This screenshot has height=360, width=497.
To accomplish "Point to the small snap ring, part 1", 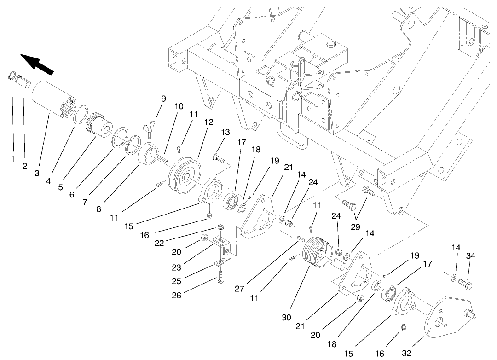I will click(12, 75).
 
